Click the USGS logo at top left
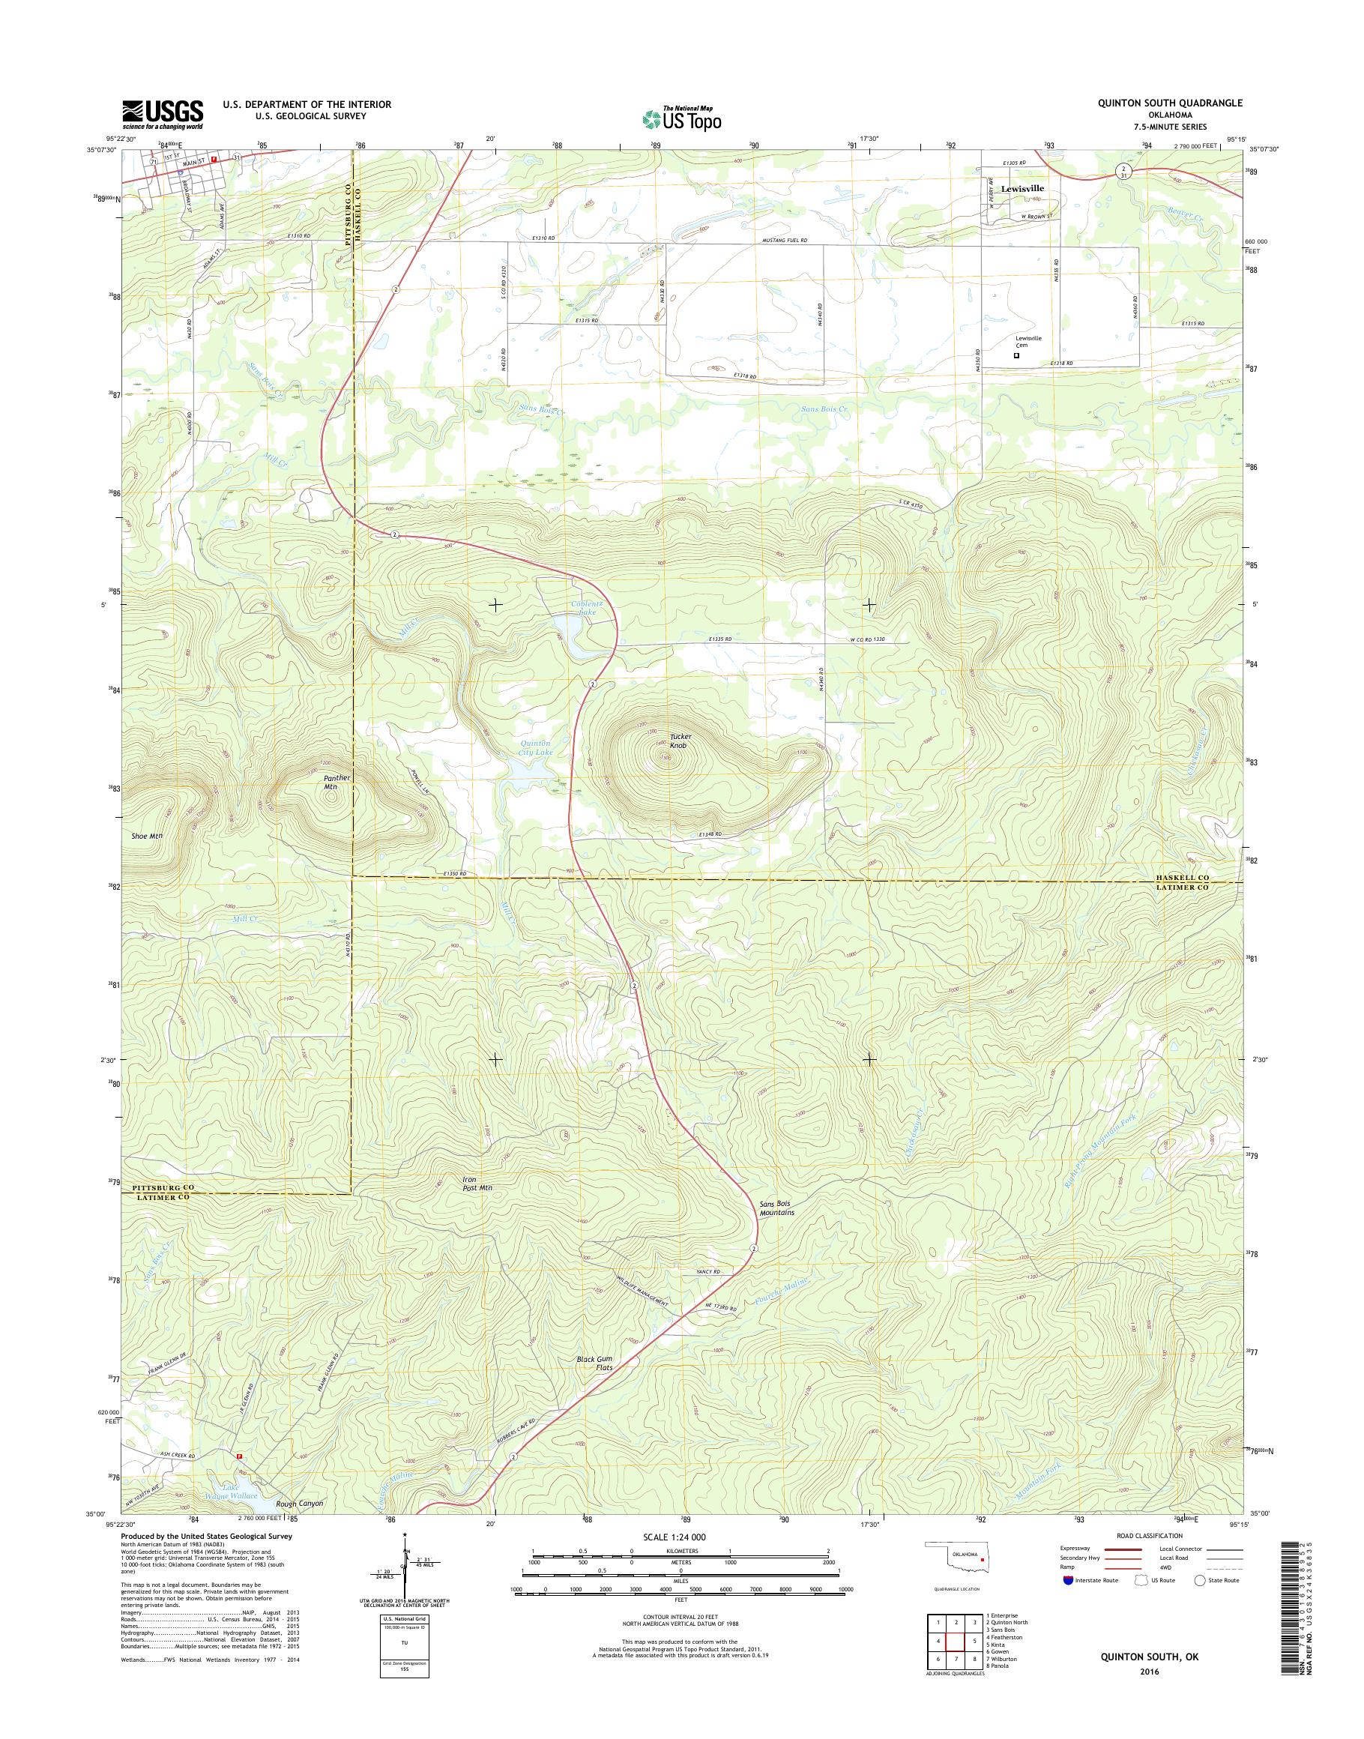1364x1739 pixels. point(162,114)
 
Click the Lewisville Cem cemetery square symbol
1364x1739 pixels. point(1016,356)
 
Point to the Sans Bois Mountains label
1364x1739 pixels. point(776,1208)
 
